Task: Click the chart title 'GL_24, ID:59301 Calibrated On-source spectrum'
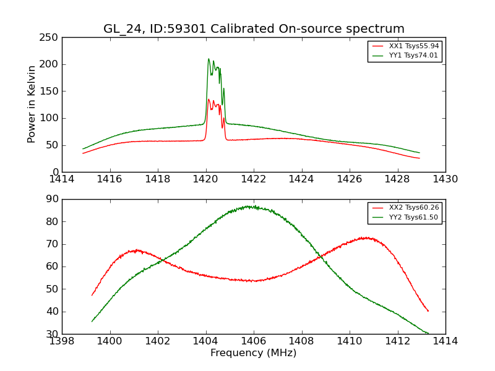pos(254,29)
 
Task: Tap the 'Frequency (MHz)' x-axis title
pos(254,353)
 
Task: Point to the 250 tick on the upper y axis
pos(51,38)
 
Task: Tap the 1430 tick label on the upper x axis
pos(445,179)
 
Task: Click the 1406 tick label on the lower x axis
pos(253,341)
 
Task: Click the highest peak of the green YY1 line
pos(209,59)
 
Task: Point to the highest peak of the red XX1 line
pos(209,99)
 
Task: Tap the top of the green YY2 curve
pos(250,206)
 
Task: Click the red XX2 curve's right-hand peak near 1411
pos(366,237)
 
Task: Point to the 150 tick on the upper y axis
pos(51,92)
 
